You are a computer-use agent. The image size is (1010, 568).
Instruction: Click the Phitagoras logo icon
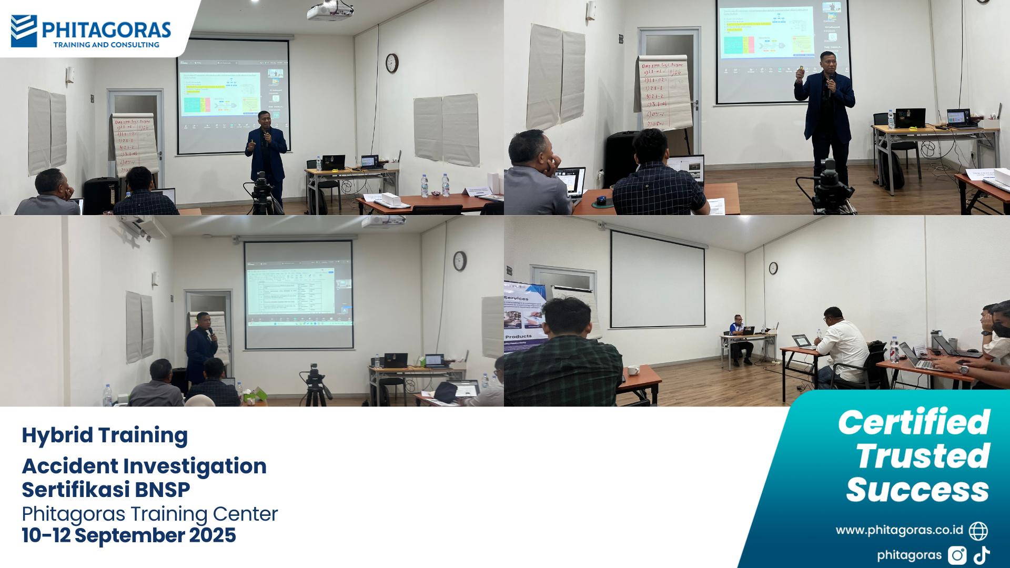coord(24,31)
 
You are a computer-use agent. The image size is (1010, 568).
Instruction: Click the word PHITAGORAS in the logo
coord(106,30)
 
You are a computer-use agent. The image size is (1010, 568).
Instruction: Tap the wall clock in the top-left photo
coord(392,63)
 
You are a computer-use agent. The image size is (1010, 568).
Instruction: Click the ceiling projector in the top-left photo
coord(329,11)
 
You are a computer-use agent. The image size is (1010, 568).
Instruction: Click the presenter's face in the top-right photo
coord(827,61)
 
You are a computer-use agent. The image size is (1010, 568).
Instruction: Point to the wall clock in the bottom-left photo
coord(460,261)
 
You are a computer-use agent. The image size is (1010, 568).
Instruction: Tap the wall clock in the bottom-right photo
coord(773,268)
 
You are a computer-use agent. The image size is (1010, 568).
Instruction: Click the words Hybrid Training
coord(105,435)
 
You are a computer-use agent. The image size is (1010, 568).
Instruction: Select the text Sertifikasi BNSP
coord(106,490)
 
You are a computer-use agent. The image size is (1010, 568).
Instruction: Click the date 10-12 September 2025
coord(129,535)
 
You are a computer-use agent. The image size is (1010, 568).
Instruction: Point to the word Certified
coord(914,422)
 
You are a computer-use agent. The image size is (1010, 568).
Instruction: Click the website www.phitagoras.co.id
coord(899,530)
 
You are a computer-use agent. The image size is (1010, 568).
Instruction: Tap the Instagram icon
coord(957,555)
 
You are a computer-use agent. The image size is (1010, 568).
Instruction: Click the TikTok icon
coord(982,555)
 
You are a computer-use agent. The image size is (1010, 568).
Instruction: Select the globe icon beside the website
coord(978,531)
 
